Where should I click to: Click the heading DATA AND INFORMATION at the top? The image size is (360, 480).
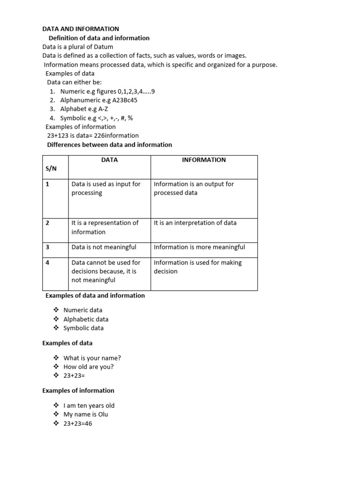click(x=81, y=29)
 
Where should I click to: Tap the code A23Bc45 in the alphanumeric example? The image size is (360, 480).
click(x=125, y=100)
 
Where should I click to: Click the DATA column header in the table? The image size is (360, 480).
click(x=109, y=160)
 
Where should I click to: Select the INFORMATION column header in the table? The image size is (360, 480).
click(x=203, y=160)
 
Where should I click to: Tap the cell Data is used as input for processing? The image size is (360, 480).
click(x=106, y=188)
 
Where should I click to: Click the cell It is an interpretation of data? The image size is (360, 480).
click(x=195, y=223)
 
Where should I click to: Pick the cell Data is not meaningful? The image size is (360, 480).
click(x=104, y=247)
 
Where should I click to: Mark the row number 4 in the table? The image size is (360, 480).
click(x=47, y=262)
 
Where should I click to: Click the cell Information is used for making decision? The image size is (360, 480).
click(x=197, y=267)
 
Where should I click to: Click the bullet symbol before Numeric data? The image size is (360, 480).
click(x=56, y=310)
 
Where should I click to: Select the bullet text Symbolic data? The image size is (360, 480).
click(x=83, y=328)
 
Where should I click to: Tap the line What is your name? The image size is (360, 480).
click(x=92, y=358)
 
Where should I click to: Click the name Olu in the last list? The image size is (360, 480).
click(x=103, y=414)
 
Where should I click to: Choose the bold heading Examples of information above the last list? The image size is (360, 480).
click(x=78, y=390)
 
